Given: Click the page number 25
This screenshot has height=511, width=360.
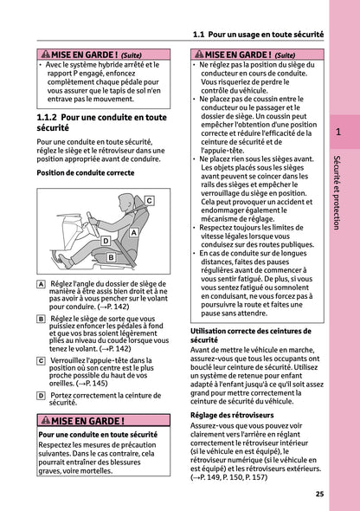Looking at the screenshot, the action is (x=319, y=494).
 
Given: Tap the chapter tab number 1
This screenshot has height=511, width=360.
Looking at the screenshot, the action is (x=338, y=133).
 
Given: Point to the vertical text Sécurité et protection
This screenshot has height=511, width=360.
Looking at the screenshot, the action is (x=338, y=191).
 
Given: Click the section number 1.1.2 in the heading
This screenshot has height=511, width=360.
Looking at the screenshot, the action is (x=54, y=115).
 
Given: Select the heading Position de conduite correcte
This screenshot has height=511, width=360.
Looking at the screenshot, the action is (x=86, y=171).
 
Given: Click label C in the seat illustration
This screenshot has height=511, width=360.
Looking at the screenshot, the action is (x=149, y=200).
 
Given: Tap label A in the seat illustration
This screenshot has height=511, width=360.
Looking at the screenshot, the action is (x=134, y=233).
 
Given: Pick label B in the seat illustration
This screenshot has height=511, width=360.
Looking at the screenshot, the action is (x=111, y=257).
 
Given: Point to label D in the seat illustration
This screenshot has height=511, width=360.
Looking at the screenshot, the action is (x=105, y=240).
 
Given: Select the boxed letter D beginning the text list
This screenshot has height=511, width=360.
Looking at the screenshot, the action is (x=42, y=395).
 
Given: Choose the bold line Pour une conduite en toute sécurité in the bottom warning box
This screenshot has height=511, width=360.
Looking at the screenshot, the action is (x=98, y=434).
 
